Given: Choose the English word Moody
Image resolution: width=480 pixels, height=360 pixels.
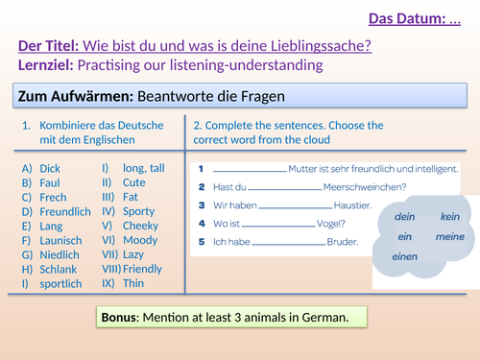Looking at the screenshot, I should pyautogui.click(x=140, y=239).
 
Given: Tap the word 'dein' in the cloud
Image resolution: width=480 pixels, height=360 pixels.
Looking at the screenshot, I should pyautogui.click(x=404, y=217).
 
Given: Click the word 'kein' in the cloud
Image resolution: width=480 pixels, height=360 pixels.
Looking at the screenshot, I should pyautogui.click(x=450, y=217).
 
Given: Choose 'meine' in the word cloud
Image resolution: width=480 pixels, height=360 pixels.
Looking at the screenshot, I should pyautogui.click(x=449, y=236).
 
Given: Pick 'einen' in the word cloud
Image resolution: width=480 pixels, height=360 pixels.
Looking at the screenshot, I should pyautogui.click(x=404, y=256).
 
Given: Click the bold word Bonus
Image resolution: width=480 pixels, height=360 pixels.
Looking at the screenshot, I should pyautogui.click(x=123, y=317).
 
